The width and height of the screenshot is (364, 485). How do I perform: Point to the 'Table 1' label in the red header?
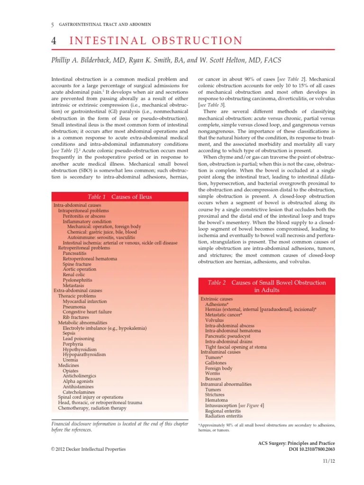point(97,197)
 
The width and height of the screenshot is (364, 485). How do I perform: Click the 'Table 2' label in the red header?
point(217,282)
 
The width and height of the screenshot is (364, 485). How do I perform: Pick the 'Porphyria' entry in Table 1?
point(74,344)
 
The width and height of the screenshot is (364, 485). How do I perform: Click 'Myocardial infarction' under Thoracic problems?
point(85,301)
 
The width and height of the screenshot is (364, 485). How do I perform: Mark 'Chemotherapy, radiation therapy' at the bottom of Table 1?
point(92,408)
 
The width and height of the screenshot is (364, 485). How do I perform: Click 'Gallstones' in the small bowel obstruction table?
point(216,363)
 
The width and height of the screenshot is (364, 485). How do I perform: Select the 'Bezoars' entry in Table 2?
point(213,379)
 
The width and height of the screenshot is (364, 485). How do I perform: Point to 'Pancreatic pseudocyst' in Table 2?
point(228,336)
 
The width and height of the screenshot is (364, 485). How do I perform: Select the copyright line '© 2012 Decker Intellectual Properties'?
point(88,449)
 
